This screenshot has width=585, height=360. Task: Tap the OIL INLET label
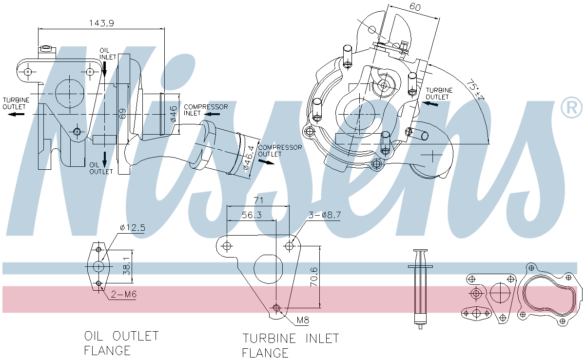click(108, 54)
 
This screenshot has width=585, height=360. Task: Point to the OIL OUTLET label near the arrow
click(101, 168)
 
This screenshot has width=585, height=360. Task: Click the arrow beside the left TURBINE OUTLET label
click(18, 114)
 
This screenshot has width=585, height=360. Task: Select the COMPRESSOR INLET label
click(205, 110)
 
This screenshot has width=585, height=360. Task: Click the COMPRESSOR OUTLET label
click(279, 151)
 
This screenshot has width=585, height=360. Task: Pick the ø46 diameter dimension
click(173, 113)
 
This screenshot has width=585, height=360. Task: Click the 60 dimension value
click(415, 7)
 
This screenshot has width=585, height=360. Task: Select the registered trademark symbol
click(571, 107)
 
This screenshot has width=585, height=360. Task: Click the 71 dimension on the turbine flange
click(258, 200)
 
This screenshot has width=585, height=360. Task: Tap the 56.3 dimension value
click(252, 214)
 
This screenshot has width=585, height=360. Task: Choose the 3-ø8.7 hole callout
click(324, 215)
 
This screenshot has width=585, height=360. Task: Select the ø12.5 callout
click(132, 228)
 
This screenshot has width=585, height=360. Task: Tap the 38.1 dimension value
click(126, 269)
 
